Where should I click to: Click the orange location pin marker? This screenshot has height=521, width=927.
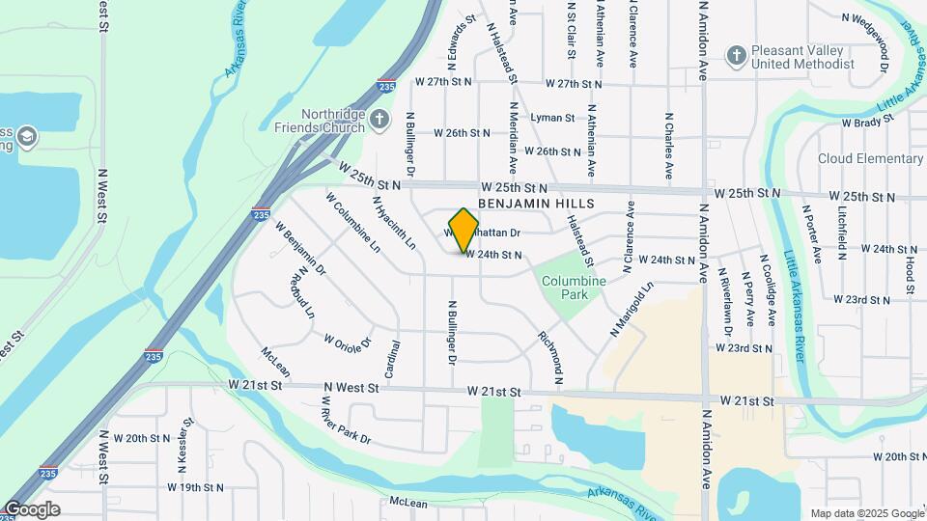tap(464, 229)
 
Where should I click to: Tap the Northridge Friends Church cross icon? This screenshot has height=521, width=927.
tap(380, 119)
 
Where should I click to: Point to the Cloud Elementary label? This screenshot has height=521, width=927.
tap(870, 158)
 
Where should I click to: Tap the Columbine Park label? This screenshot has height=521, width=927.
tap(574, 288)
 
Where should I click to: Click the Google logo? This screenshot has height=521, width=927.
tap(32, 509)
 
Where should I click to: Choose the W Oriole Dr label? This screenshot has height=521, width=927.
tap(348, 343)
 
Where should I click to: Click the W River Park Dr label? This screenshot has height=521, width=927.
tap(337, 424)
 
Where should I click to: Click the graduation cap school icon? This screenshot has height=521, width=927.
tap(26, 134)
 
